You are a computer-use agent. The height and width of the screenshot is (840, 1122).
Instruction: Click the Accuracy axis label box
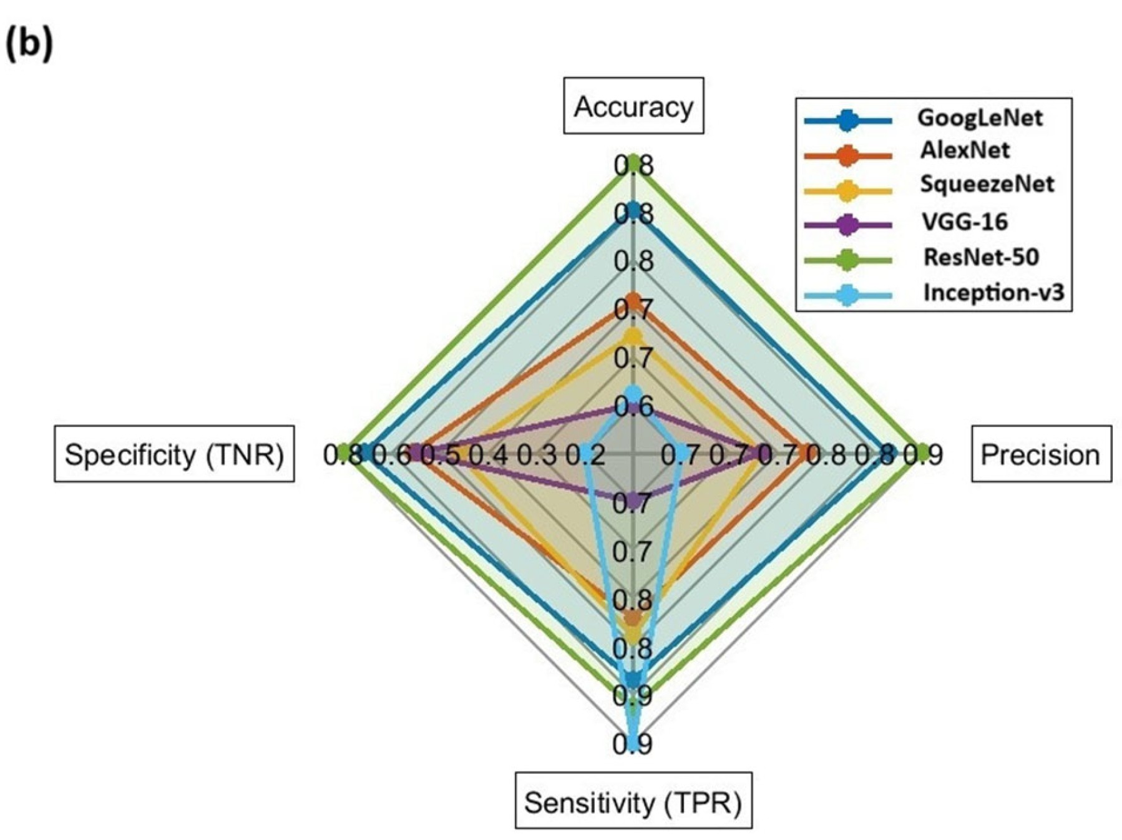pyautogui.click(x=633, y=106)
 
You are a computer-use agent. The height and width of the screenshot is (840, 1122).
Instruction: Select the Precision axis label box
pyautogui.click(x=1040, y=454)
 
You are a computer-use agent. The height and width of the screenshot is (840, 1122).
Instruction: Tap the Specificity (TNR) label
pyautogui.click(x=174, y=454)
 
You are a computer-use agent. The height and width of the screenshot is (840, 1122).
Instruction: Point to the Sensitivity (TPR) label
pyautogui.click(x=633, y=801)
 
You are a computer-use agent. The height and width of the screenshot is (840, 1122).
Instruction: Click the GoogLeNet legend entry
pyautogui.click(x=980, y=118)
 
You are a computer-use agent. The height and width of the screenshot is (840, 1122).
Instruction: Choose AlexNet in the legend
pyautogui.click(x=965, y=150)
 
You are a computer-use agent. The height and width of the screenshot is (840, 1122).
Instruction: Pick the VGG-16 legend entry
pyautogui.click(x=965, y=222)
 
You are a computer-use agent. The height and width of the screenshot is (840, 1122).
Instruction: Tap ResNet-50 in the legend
pyautogui.click(x=981, y=256)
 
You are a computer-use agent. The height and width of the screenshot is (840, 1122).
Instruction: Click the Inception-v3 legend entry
pyautogui.click(x=993, y=292)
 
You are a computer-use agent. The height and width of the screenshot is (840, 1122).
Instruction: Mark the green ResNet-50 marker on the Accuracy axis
pyautogui.click(x=633, y=163)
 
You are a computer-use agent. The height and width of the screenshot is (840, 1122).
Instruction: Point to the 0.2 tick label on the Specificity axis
pyautogui.click(x=585, y=456)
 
